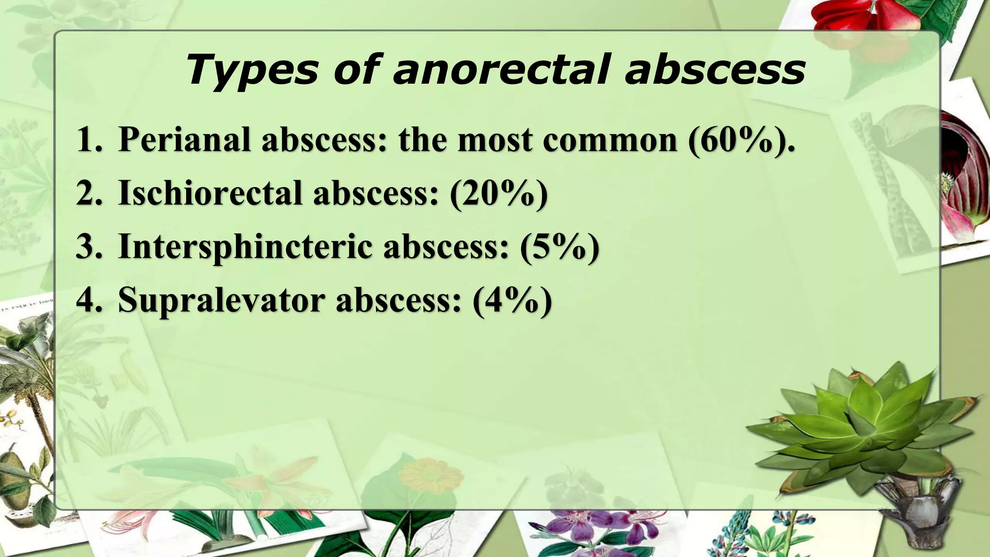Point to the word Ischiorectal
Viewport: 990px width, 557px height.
coord(211,193)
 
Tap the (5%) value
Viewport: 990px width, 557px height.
coord(560,247)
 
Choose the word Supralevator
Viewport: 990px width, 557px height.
coord(221,300)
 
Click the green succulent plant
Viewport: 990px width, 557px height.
coord(865,425)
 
